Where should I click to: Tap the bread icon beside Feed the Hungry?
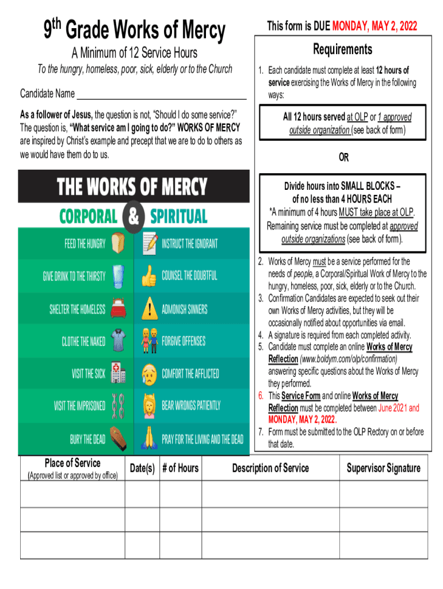click(x=119, y=243)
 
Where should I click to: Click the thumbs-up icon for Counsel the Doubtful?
click(x=148, y=276)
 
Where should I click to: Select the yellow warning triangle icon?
click(x=148, y=308)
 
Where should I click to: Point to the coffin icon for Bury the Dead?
click(x=119, y=439)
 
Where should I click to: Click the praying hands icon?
click(x=148, y=439)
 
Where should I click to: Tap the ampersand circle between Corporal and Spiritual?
click(x=133, y=217)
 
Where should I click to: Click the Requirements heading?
click(x=342, y=49)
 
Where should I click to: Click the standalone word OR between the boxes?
click(x=343, y=157)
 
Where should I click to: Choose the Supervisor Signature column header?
click(x=383, y=468)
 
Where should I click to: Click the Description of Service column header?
click(x=270, y=468)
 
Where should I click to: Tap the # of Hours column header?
click(x=180, y=468)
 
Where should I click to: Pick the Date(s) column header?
click(x=142, y=468)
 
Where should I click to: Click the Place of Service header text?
click(x=72, y=463)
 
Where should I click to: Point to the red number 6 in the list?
click(x=261, y=396)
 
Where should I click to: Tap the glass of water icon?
click(x=119, y=276)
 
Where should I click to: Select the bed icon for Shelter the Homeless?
click(x=119, y=308)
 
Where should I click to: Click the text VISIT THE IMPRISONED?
click(x=80, y=406)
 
